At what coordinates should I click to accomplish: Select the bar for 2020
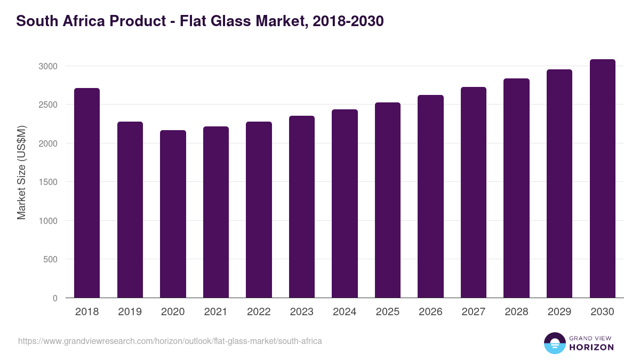[x=173, y=214]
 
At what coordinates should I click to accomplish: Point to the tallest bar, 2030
[x=602, y=179]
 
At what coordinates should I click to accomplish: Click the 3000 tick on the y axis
[x=47, y=66]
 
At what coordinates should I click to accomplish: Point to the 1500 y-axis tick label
[x=47, y=182]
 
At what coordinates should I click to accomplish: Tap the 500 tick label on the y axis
[x=50, y=259]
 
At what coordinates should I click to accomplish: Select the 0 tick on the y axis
[x=55, y=298]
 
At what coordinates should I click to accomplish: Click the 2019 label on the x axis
[x=130, y=312]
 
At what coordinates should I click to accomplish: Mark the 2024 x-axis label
[x=345, y=312]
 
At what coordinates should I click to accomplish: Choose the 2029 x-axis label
[x=559, y=312]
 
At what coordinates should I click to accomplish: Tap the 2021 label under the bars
[x=215, y=312]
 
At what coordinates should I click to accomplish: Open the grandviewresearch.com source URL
[x=170, y=341]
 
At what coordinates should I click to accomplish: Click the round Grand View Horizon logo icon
[x=554, y=343]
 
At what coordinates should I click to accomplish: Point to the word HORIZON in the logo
[x=591, y=347]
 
